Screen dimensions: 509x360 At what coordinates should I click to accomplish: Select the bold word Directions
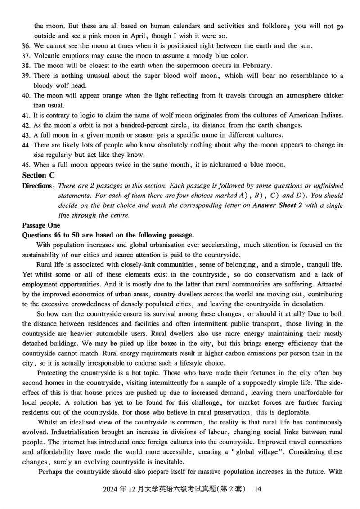37,186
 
